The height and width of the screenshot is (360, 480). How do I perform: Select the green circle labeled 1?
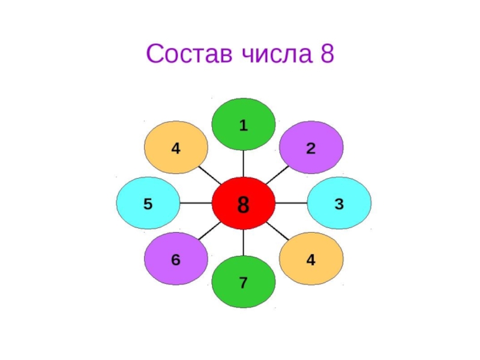(x=244, y=125)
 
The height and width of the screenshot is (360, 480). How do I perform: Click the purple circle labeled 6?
(x=176, y=259)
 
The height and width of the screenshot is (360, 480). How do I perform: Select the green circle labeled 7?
(x=244, y=282)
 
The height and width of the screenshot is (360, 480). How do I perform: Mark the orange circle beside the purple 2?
(x=311, y=259)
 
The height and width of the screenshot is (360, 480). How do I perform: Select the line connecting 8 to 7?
(x=244, y=242)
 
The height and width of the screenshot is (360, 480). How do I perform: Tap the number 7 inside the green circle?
(x=244, y=282)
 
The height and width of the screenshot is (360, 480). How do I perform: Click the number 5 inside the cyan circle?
(x=148, y=203)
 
